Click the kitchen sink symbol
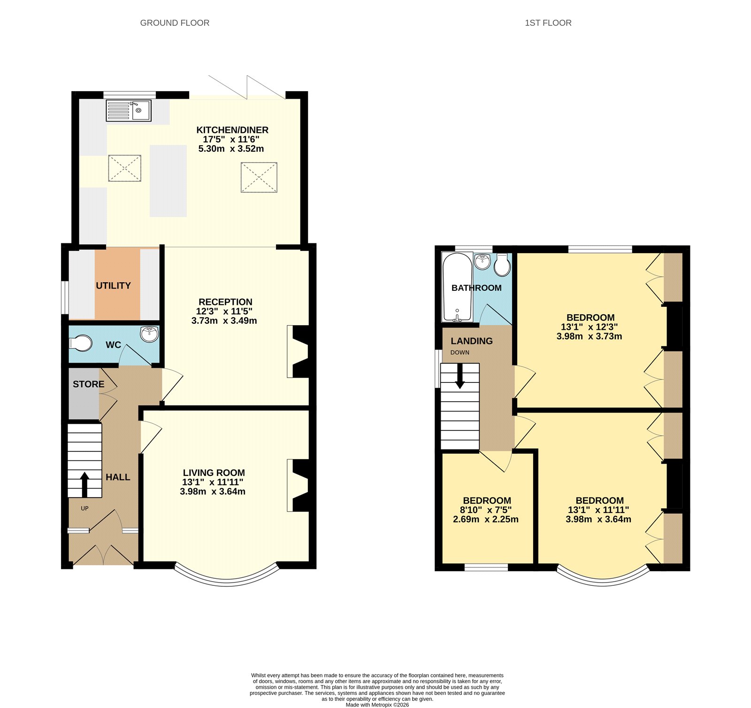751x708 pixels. (x=129, y=111)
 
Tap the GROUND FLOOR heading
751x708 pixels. (x=175, y=23)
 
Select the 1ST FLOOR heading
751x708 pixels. (x=548, y=23)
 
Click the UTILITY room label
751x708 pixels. (x=113, y=286)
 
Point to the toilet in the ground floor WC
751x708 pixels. (x=81, y=343)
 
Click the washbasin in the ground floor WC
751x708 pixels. (x=149, y=334)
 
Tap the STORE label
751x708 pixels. (x=88, y=384)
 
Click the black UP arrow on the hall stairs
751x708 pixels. (x=84, y=484)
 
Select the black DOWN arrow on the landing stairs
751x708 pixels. (x=460, y=376)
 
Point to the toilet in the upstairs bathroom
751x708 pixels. (x=502, y=265)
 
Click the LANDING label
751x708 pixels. (x=472, y=341)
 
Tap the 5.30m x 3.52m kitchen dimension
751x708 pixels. (x=231, y=149)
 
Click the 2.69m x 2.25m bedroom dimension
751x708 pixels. (x=485, y=520)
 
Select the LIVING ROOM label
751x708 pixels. (x=214, y=473)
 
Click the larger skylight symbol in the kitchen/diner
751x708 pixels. (x=259, y=177)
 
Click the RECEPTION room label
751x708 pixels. (x=225, y=302)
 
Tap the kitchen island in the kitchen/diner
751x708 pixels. (x=168, y=181)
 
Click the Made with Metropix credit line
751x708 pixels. (x=377, y=705)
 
